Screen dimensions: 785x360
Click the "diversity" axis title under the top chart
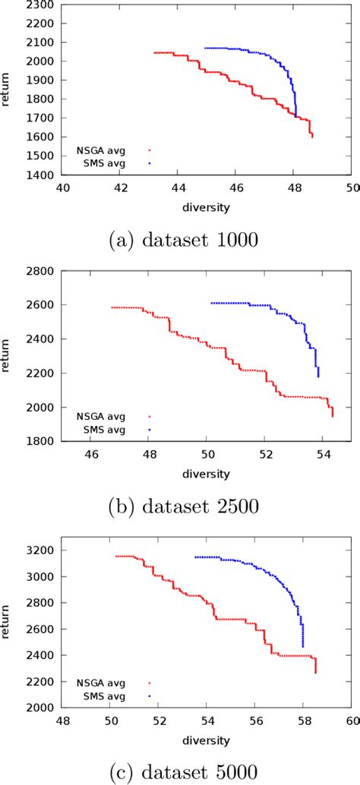click(207, 206)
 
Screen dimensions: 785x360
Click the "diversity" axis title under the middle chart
click(207, 474)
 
